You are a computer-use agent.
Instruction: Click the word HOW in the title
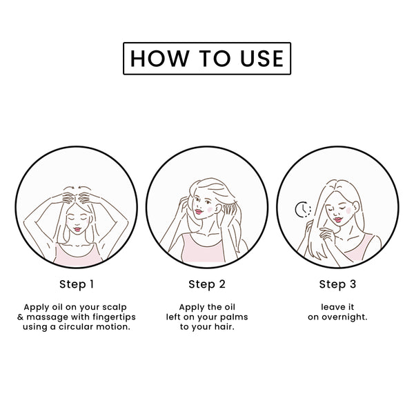(160, 59)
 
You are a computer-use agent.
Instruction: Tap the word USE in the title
(262, 59)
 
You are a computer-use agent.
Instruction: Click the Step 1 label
(77, 284)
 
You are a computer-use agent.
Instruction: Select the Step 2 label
(207, 284)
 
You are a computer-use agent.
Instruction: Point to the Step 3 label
(337, 284)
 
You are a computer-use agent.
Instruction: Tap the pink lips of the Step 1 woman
(77, 229)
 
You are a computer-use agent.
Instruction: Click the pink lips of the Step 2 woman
(199, 212)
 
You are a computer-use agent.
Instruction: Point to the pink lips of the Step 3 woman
(337, 219)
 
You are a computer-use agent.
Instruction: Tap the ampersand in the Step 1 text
(20, 317)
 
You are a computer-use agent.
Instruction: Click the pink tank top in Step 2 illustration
(204, 251)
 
